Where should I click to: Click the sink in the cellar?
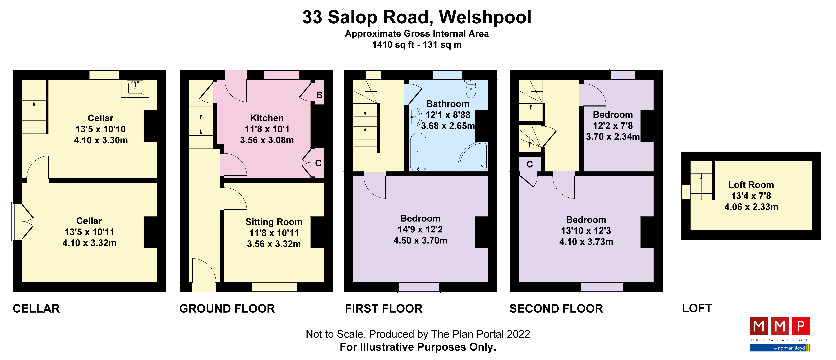(x=135, y=88)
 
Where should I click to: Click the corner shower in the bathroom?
(x=474, y=157)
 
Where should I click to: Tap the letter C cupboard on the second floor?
(x=529, y=165)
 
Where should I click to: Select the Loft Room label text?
(x=751, y=185)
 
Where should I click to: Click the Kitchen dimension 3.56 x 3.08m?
(x=267, y=140)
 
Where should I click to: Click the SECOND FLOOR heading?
(x=556, y=308)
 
